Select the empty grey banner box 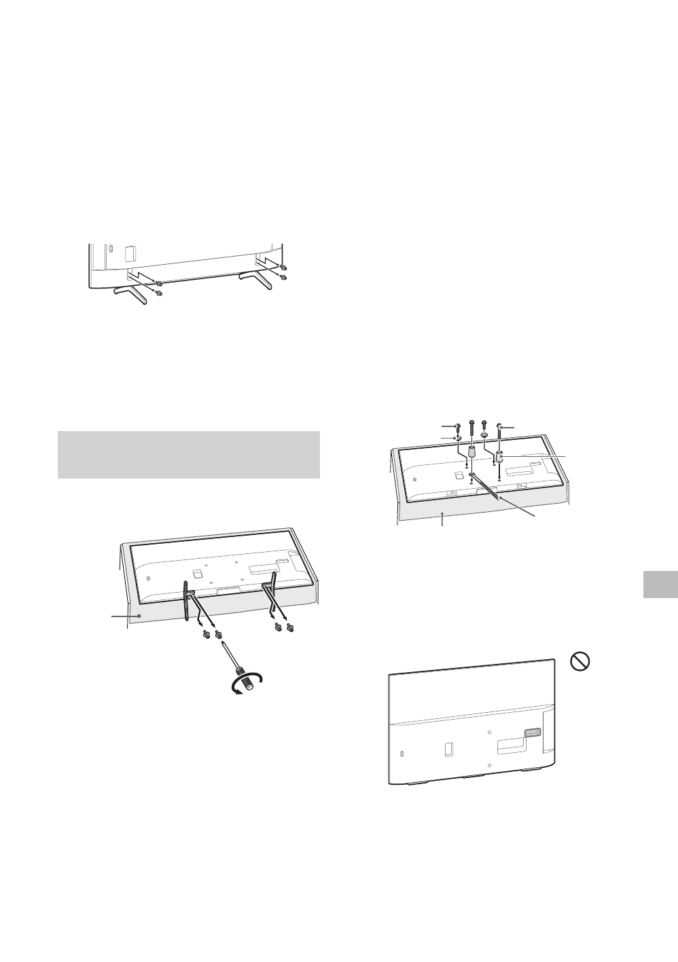pos(188,454)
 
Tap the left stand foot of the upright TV pos(130,292)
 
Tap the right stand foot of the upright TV pos(255,279)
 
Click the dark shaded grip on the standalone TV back pos(531,733)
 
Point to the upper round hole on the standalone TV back pos(490,732)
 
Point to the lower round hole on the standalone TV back pos(490,764)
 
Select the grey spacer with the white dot pos(499,458)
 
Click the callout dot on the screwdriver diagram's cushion pos(140,597)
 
